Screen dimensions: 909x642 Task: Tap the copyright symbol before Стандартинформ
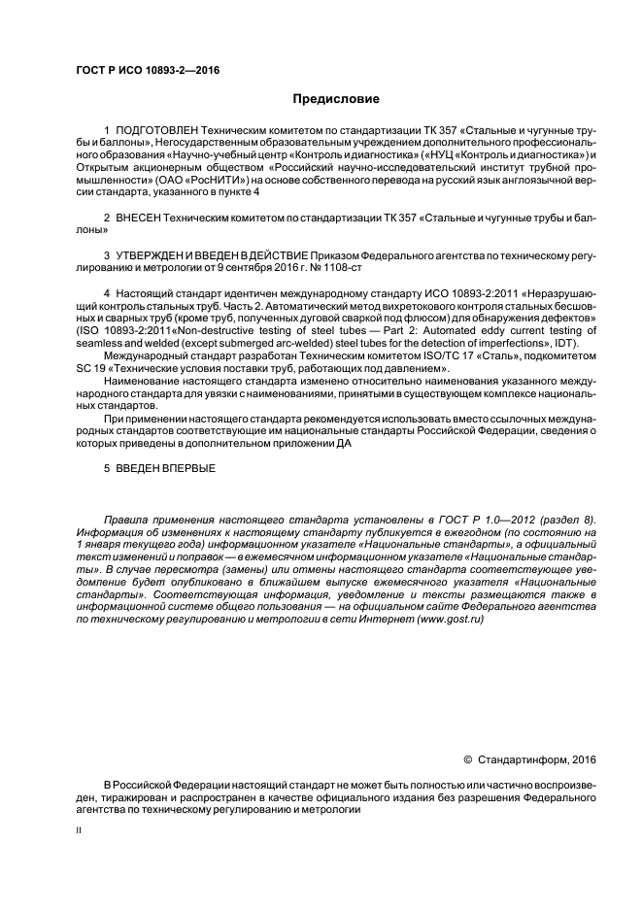coord(467,759)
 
